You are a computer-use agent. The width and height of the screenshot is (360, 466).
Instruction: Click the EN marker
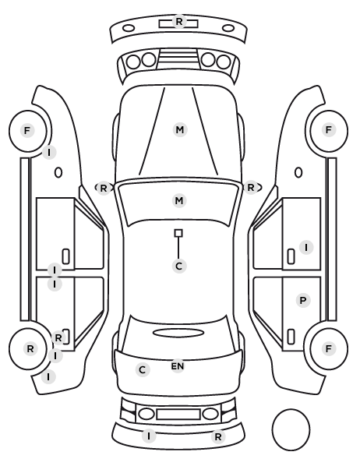(178, 366)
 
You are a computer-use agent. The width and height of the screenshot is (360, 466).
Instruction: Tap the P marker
(303, 301)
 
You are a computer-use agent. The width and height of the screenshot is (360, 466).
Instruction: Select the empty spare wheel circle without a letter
(291, 429)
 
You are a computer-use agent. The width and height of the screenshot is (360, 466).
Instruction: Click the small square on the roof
(178, 233)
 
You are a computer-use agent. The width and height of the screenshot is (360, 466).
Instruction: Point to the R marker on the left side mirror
(103, 188)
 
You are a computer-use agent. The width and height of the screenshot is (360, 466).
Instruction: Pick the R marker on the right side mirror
(251, 188)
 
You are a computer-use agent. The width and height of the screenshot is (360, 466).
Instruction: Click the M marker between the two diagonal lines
(180, 130)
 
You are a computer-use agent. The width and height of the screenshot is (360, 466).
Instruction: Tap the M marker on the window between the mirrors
(179, 200)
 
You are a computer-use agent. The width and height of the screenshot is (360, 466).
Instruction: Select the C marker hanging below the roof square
(179, 266)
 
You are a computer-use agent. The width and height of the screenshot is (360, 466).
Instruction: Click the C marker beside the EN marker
(143, 370)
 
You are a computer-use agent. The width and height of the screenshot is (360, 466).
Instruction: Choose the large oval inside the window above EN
(178, 333)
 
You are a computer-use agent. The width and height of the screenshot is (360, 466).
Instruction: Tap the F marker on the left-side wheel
(27, 130)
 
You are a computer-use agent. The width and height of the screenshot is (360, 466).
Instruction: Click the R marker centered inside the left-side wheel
(30, 348)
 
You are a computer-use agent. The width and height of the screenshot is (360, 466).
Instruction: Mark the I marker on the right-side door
(306, 247)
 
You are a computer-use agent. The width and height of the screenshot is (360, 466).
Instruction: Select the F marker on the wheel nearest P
(329, 348)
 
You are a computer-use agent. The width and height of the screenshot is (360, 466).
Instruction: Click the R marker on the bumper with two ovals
(179, 21)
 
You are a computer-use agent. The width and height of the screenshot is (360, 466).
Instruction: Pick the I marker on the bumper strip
(149, 436)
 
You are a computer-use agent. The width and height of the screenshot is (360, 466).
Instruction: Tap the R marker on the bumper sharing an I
(218, 437)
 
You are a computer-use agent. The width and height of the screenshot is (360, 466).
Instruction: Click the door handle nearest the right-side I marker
(291, 256)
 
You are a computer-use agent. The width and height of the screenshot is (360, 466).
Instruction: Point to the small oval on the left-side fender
(58, 173)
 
